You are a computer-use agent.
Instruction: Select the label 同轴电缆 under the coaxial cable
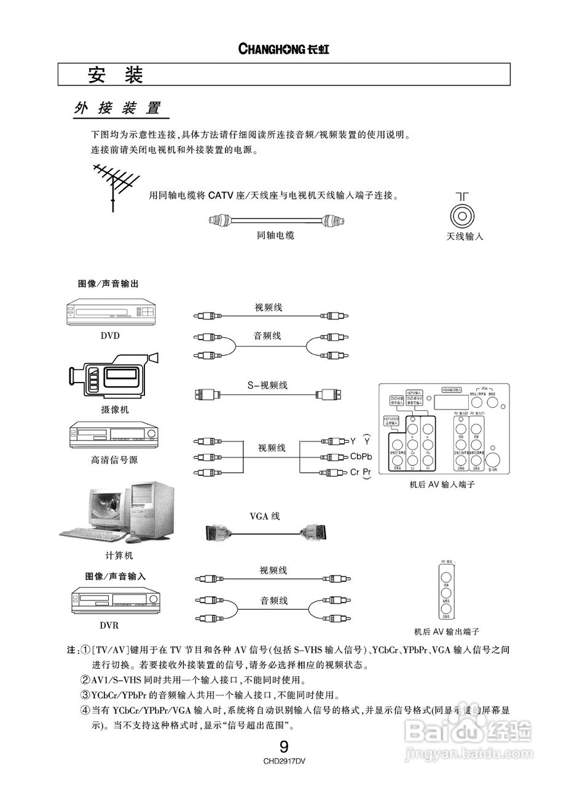[x=275, y=235]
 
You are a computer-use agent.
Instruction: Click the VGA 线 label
[x=264, y=516]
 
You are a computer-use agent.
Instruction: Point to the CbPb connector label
[x=361, y=456]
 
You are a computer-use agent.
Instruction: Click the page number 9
[x=284, y=747]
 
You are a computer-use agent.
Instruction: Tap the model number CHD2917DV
[x=284, y=761]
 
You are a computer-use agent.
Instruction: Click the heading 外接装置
[x=117, y=109]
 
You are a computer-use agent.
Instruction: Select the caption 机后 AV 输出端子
[x=447, y=631]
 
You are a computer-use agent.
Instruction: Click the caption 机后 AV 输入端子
[x=442, y=485]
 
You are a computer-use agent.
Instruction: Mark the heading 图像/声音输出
[x=108, y=284]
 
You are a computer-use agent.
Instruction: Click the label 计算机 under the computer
[x=119, y=556]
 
